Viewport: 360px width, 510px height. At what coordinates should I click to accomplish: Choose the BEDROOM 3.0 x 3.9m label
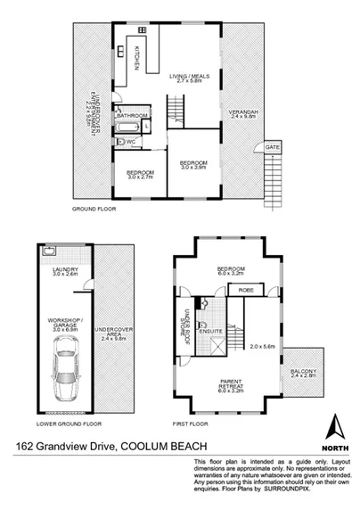pos(193,163)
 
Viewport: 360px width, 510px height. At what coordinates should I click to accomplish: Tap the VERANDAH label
pos(243,113)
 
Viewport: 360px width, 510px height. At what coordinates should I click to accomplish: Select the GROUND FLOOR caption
pos(94,209)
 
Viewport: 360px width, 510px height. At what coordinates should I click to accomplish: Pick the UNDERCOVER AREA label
pos(118,333)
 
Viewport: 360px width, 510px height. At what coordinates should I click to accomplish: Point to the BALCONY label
pos(303,376)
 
